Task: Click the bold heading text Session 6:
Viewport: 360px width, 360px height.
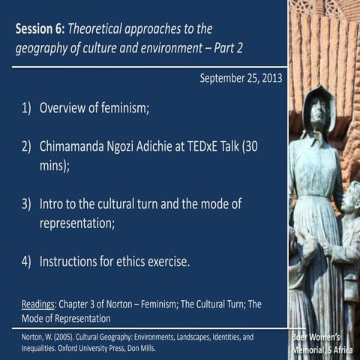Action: pos(40,29)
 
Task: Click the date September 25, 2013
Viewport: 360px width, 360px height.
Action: pos(241,78)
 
